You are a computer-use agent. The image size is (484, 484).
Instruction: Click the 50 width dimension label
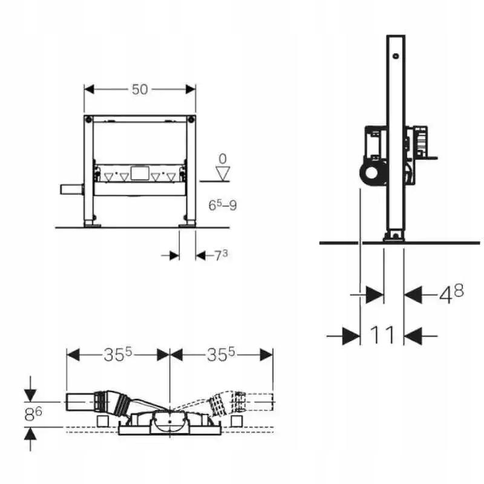(x=140, y=90)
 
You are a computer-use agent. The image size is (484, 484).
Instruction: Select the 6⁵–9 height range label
(x=223, y=206)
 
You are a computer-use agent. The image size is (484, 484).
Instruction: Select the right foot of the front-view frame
(x=187, y=224)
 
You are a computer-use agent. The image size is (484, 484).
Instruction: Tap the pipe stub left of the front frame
(x=71, y=191)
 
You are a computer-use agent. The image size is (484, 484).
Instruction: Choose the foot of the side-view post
(x=394, y=237)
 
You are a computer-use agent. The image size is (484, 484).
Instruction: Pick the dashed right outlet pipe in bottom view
(x=259, y=401)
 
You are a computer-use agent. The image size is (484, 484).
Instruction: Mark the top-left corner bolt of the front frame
(x=88, y=118)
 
